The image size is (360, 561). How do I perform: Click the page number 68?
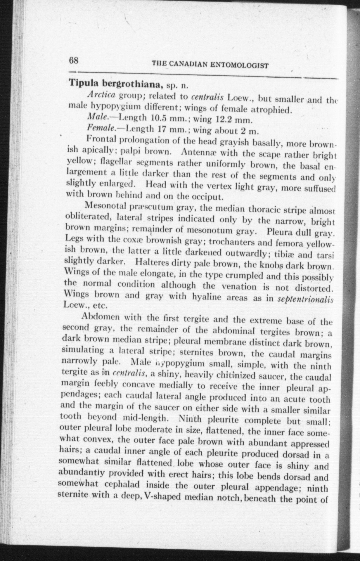click(x=74, y=61)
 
